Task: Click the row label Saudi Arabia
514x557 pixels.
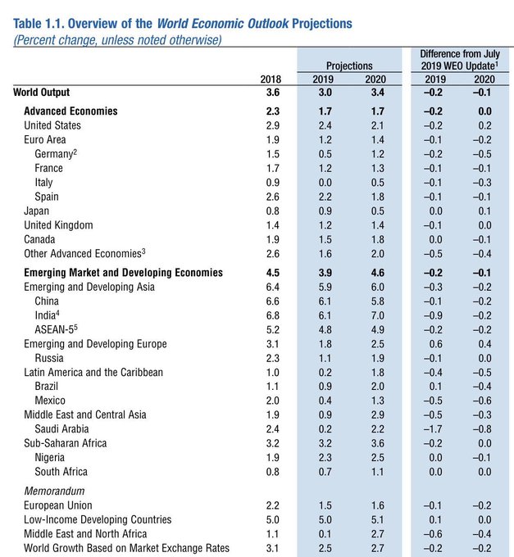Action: click(x=61, y=429)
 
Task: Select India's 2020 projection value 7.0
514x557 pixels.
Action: click(x=377, y=315)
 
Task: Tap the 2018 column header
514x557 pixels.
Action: click(x=271, y=79)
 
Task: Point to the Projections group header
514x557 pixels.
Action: click(x=349, y=66)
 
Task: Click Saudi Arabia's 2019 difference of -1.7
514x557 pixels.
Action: click(x=433, y=429)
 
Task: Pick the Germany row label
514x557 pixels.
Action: click(x=56, y=154)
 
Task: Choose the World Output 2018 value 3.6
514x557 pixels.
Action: click(x=273, y=93)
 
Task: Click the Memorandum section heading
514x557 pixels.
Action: click(x=54, y=491)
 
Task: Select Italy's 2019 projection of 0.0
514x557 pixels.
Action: click(x=325, y=183)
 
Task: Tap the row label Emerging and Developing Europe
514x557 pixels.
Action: click(x=95, y=344)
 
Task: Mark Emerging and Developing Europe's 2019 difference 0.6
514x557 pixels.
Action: click(x=435, y=344)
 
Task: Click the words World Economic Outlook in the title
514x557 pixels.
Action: click(x=222, y=24)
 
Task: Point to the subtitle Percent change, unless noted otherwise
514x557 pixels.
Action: click(x=117, y=40)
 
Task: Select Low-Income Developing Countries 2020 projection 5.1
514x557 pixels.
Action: click(x=377, y=519)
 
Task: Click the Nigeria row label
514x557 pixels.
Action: click(x=49, y=458)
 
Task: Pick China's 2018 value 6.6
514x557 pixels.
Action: click(x=273, y=301)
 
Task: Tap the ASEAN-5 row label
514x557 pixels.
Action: click(x=57, y=329)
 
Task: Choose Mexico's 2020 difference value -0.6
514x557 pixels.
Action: click(x=482, y=401)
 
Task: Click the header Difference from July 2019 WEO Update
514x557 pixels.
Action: click(x=460, y=60)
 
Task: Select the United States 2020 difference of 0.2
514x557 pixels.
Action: click(x=484, y=126)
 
